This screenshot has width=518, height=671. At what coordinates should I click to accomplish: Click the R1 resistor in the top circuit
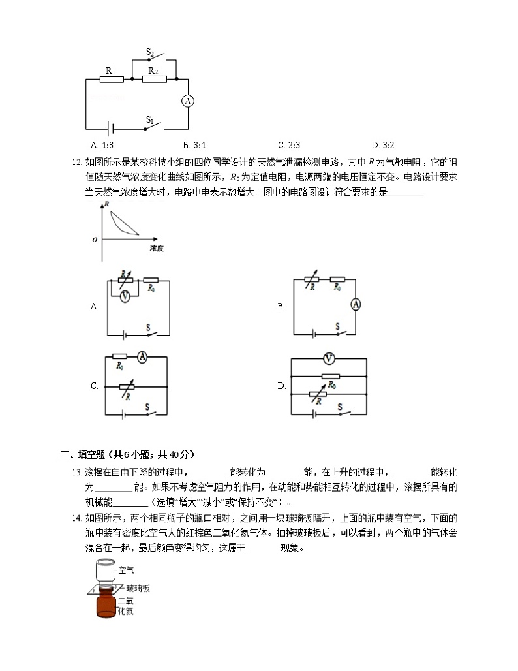111,80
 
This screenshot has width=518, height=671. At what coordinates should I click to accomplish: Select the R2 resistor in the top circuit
153,80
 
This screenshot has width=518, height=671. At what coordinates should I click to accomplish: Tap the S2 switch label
149,52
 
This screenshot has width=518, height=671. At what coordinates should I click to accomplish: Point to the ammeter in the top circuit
188,101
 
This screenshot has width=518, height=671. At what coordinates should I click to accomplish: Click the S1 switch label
149,120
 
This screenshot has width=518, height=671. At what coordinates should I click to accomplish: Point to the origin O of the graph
95,240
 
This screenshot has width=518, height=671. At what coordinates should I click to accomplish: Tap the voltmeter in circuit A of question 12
124,295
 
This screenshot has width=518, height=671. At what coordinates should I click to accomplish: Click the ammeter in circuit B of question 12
356,304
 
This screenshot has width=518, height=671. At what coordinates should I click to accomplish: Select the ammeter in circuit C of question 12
143,356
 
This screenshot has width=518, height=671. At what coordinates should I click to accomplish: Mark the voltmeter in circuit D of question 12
329,358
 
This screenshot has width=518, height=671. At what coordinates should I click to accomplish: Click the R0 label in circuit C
120,367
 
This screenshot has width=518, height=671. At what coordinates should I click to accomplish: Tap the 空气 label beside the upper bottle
126,570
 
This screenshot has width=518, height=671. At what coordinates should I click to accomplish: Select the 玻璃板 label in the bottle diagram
138,589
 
